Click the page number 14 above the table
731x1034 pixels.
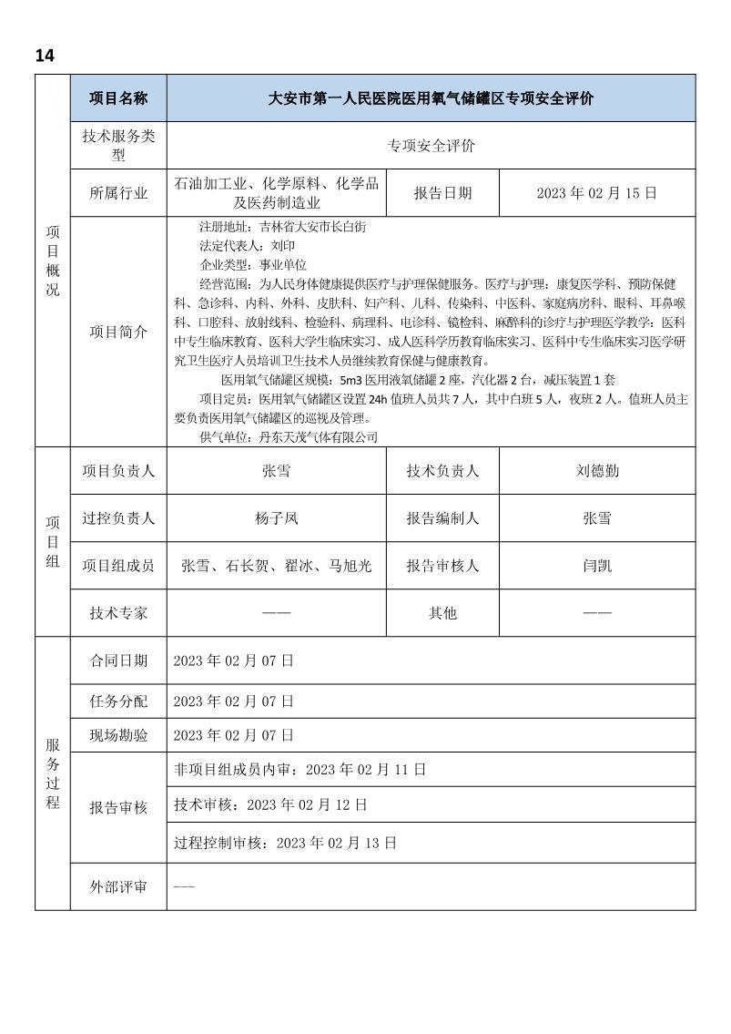[45, 56]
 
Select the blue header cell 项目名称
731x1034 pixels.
[118, 98]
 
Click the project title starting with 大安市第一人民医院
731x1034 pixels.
[431, 98]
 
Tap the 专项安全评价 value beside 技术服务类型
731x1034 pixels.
[431, 146]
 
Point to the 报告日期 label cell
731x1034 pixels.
[443, 193]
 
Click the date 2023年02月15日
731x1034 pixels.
[597, 193]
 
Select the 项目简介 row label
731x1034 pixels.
[118, 333]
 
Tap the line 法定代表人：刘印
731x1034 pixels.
[247, 246]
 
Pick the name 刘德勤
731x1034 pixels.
[597, 471]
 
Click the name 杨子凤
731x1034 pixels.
[277, 518]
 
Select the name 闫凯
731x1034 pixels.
[597, 566]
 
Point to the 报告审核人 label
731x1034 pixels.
[443, 566]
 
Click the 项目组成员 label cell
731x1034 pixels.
[118, 566]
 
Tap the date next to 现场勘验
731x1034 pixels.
[234, 734]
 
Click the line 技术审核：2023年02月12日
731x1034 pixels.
[270, 805]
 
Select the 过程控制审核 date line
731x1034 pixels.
[285, 843]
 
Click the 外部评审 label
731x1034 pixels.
[118, 886]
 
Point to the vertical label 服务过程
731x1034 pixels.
[53, 773]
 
